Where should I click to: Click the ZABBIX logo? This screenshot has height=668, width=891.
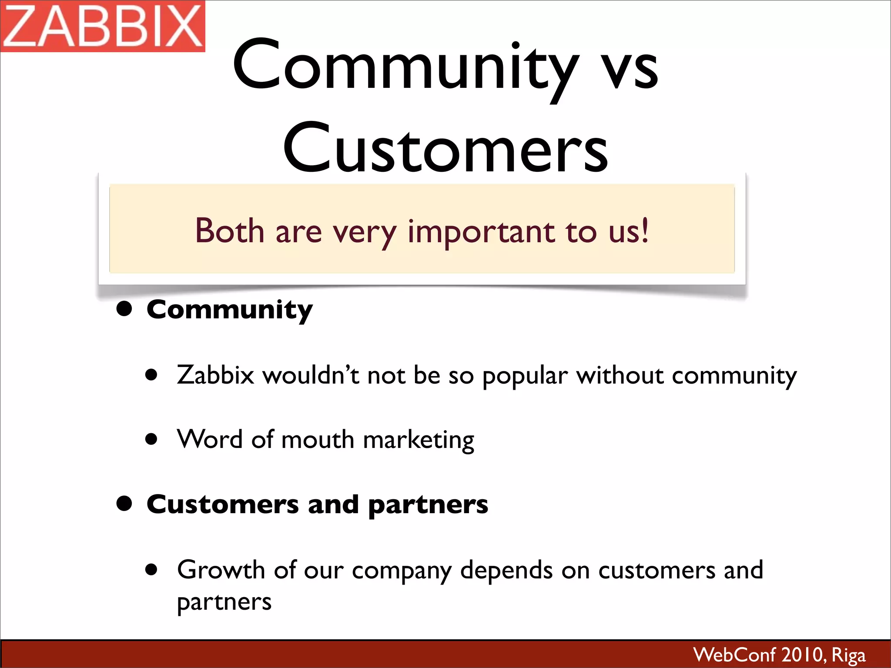(103, 26)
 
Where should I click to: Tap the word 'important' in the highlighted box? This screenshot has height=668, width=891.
(481, 231)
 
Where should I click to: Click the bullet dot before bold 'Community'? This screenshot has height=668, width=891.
(124, 309)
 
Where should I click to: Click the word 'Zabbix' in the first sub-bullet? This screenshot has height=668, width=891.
(215, 375)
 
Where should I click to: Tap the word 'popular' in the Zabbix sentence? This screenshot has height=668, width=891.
(525, 376)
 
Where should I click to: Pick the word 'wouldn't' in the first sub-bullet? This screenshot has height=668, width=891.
(311, 375)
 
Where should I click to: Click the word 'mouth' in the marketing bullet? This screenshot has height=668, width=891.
(318, 439)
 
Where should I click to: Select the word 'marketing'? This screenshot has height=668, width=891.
(419, 440)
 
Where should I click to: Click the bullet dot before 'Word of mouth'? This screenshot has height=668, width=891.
(151, 439)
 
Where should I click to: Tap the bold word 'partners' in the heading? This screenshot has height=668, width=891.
(428, 505)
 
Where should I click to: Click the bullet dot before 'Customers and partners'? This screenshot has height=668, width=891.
(124, 504)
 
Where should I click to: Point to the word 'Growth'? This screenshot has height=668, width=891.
(221, 570)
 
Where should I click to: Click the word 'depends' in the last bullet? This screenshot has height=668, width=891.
(506, 571)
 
